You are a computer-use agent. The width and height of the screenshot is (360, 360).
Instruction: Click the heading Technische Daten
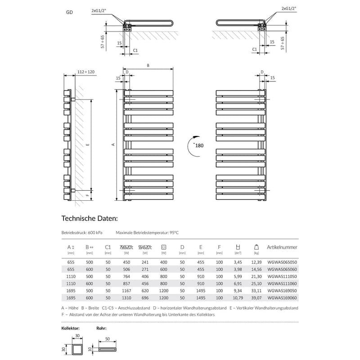[89, 219]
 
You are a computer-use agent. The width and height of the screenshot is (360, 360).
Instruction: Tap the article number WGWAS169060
[282, 297]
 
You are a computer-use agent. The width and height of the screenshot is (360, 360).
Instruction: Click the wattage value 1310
[126, 297]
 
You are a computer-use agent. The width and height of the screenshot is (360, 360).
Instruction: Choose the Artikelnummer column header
[282, 247]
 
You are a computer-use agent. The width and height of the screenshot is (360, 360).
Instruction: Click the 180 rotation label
[200, 145]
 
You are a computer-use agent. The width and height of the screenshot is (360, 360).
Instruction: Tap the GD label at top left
[70, 13]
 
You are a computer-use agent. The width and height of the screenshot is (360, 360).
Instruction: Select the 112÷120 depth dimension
[85, 72]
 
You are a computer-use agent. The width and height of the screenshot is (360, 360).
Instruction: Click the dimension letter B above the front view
[148, 66]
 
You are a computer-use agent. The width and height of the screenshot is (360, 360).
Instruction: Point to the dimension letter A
[113, 144]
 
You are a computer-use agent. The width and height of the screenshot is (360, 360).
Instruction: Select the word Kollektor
[71, 328]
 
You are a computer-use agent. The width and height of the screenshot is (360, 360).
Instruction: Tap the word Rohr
[101, 328]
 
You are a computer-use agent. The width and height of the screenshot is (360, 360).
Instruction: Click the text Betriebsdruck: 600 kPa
[82, 233]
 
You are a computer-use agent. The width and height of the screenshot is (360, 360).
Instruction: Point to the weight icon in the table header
[256, 247]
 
